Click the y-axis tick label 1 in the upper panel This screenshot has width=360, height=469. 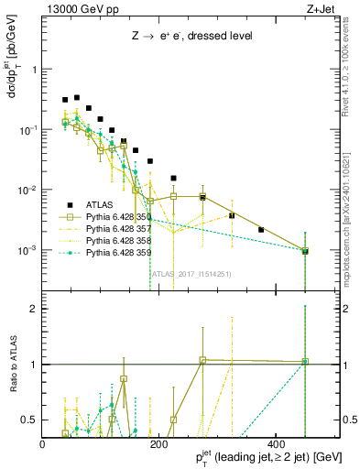35,70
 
